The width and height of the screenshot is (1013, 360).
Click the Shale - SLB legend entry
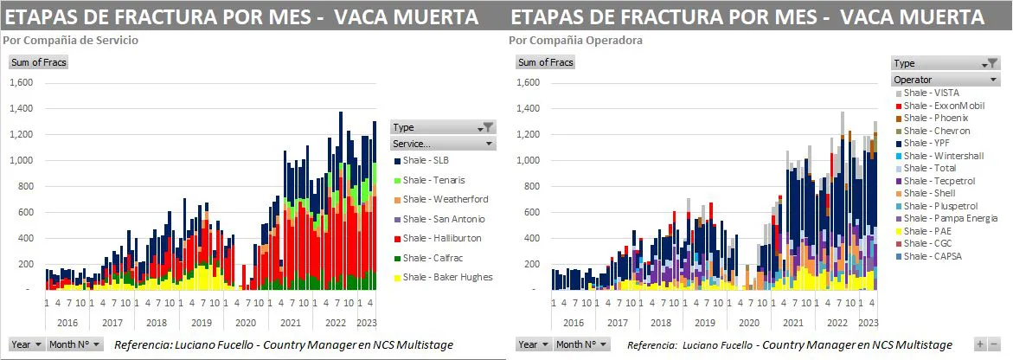pos(424,161)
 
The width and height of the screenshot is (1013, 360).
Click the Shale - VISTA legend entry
pos(931,93)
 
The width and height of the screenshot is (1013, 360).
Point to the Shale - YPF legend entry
pos(927,144)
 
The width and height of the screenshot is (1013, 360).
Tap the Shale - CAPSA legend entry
pos(933,256)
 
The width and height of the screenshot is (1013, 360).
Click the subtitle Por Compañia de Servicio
pos(70,40)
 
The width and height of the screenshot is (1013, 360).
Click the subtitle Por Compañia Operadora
pos(575,40)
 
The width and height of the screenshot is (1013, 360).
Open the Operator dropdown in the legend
pos(946,80)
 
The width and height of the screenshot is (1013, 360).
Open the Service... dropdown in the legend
pos(442,143)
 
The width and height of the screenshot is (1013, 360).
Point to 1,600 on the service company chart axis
pos(21,83)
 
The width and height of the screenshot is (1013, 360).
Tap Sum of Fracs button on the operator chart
pos(545,62)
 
